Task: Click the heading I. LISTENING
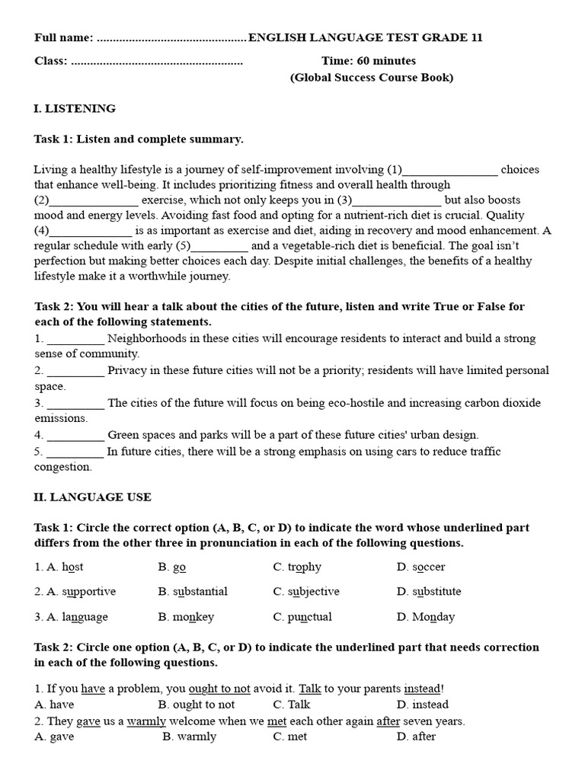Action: pos(75,109)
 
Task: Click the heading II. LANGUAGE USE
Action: pos(92,497)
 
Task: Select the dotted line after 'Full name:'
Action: pos(172,38)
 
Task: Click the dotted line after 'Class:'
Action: pos(157,61)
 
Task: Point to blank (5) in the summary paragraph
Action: pos(219,246)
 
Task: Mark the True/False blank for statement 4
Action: pos(75,436)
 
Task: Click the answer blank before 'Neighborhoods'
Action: pos(75,339)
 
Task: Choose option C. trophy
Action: pos(297,567)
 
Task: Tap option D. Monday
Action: pos(425,617)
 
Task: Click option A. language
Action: pos(71,617)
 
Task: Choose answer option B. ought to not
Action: pos(197,705)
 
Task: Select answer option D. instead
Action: pos(423,705)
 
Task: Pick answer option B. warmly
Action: pos(190,737)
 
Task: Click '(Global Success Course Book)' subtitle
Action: pos(371,78)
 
